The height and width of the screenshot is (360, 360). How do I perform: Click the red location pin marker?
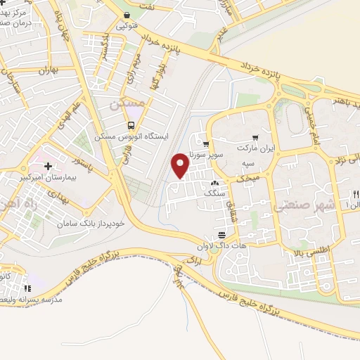[181, 166]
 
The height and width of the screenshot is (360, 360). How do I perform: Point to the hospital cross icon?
[48, 166]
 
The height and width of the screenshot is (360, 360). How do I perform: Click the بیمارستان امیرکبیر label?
[49, 177]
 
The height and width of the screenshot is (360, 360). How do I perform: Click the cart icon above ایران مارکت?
[255, 139]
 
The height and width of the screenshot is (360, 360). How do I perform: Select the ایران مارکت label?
[257, 149]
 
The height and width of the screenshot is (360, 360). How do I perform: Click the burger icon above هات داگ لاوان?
[222, 234]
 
